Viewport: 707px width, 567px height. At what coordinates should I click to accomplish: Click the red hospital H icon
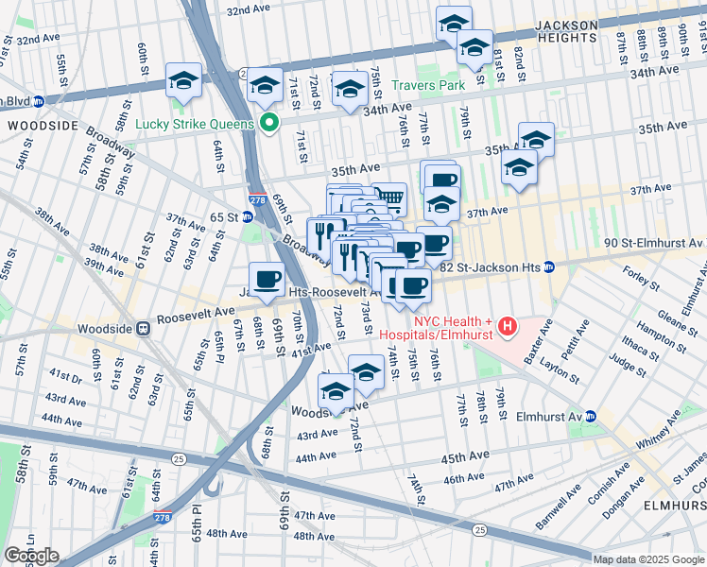point(509,327)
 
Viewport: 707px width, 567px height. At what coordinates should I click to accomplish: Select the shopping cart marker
point(388,198)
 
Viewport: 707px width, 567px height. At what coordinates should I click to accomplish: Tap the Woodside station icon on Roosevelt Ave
point(143,329)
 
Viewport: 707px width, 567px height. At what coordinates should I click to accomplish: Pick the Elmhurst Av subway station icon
point(591,415)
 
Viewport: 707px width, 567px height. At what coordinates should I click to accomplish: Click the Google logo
point(31,556)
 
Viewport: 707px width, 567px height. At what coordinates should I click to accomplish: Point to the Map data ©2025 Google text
point(647,559)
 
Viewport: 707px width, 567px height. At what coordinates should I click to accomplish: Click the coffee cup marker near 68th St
point(267,279)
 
